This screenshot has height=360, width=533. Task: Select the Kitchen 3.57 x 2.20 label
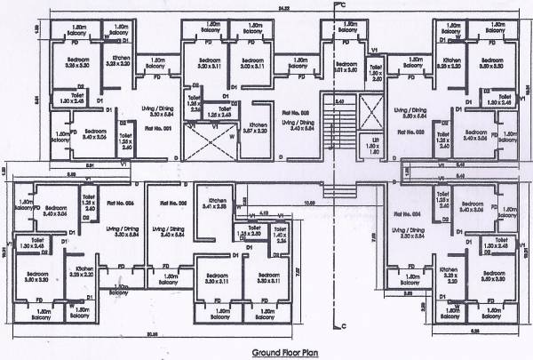(258, 128)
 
